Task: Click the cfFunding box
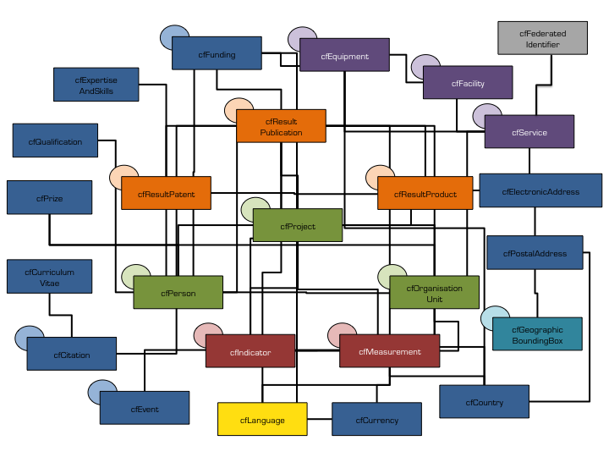[217, 53]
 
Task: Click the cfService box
[529, 132]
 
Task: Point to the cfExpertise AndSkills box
[96, 84]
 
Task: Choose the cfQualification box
[55, 141]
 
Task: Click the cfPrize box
[49, 197]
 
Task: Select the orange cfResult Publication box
[281, 126]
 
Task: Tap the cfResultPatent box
[166, 194]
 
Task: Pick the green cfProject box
[297, 226]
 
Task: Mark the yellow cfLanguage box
[262, 419]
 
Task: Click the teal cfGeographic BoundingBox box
[537, 334]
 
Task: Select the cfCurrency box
[376, 419]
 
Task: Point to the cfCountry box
[484, 401]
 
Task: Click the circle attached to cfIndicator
[206, 334]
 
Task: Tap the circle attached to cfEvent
[101, 391]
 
